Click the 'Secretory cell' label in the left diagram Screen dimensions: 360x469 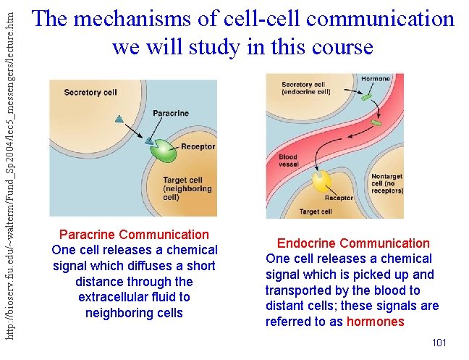click(x=90, y=92)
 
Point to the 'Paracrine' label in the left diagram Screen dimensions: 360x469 click(x=171, y=113)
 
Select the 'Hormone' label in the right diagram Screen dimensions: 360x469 click(x=376, y=79)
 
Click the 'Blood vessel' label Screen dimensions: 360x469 click(x=288, y=161)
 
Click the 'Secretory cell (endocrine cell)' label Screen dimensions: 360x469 click(x=306, y=88)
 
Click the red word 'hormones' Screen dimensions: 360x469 click(x=375, y=322)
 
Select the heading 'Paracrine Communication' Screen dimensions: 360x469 click(x=134, y=235)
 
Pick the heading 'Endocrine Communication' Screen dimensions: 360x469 click(x=353, y=243)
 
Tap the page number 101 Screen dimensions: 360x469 click(x=439, y=342)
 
